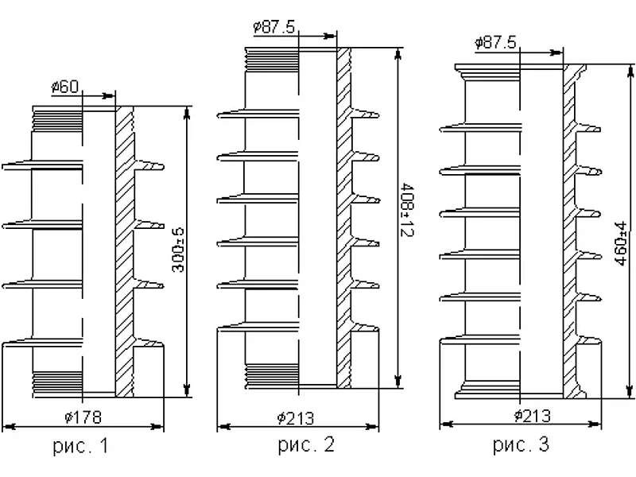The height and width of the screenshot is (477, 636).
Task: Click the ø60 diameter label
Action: [x=65, y=87]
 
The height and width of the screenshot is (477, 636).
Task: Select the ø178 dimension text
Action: [x=83, y=417]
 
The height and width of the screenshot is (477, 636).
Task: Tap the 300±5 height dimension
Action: [x=178, y=250]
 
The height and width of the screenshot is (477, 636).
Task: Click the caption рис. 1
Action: [x=81, y=446]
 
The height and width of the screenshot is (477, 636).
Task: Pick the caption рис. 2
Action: [x=306, y=444]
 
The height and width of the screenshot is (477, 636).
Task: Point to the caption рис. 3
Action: [x=522, y=444]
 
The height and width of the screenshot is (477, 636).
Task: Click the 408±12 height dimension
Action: [x=407, y=209]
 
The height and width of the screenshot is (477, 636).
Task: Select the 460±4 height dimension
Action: [x=621, y=243]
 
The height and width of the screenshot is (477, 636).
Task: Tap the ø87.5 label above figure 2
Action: [x=274, y=27]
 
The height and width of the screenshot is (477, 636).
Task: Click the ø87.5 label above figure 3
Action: [x=495, y=43]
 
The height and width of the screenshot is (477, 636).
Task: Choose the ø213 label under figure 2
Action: [x=296, y=418]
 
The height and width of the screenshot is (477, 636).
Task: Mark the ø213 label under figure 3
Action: [x=533, y=416]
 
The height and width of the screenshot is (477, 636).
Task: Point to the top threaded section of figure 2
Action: [x=272, y=60]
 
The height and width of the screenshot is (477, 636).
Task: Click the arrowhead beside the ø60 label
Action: [x=109, y=96]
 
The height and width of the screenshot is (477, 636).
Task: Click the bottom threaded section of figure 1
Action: [x=57, y=384]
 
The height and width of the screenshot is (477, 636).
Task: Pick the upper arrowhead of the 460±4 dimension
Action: [x=630, y=72]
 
